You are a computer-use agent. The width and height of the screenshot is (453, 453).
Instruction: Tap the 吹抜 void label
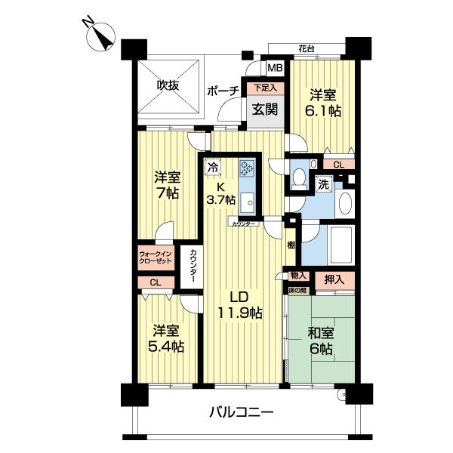point(168,85)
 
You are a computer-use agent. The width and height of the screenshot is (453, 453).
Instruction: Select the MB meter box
point(275,68)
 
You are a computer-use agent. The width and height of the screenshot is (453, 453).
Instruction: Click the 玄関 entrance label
point(265,109)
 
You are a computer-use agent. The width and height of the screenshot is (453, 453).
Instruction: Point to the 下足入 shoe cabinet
point(265,88)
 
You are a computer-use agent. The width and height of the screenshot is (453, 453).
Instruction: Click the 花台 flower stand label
point(307,48)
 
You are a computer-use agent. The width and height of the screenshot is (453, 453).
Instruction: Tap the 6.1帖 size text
point(323,111)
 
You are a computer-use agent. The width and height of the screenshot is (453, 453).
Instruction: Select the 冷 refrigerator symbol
point(213,167)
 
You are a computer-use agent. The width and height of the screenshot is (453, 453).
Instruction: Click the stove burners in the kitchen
point(246,168)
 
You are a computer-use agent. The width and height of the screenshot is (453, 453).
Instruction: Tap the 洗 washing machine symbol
point(323,184)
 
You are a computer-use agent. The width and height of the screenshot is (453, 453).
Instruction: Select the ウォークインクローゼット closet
point(156,257)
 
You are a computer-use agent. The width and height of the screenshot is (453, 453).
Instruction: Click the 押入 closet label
point(334,279)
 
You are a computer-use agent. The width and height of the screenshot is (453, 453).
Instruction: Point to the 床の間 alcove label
point(298,291)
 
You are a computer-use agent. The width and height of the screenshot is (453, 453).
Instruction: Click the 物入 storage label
point(298,276)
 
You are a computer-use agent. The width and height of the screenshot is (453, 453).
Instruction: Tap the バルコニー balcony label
point(242,411)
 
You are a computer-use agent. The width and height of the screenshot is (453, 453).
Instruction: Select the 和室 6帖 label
point(321,341)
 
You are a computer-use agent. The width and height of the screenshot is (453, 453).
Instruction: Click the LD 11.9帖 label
point(239,304)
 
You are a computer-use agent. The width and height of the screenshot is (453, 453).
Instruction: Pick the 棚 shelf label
point(291,245)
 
